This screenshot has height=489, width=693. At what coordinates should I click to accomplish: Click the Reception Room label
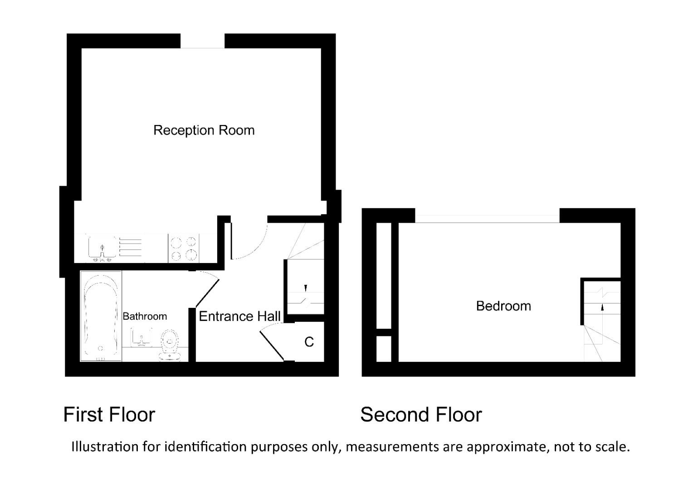pos(204,130)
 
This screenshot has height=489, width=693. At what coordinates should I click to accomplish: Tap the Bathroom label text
pos(145,316)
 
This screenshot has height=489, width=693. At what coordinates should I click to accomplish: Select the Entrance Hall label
pos(239,316)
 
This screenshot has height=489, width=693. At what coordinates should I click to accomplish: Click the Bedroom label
pos(503,306)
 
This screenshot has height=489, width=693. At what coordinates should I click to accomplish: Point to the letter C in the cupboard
pos(309,342)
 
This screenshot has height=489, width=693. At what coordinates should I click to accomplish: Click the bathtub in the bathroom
pos(101,316)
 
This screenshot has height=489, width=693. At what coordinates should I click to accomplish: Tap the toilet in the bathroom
pos(170,345)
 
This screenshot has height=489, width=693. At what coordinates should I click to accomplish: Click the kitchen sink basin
pos(102,248)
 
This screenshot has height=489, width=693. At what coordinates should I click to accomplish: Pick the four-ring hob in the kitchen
pos(184,248)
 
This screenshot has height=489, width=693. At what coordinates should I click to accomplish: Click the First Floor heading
pos(109,414)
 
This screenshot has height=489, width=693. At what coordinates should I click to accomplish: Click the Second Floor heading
pos(421,414)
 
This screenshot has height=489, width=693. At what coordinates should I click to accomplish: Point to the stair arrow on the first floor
pos(306,288)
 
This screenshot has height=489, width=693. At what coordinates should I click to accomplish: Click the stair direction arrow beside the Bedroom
pos(602,307)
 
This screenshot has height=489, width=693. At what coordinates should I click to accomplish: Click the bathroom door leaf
pos(207,293)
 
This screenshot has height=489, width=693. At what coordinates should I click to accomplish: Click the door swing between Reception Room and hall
pos(249,242)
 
